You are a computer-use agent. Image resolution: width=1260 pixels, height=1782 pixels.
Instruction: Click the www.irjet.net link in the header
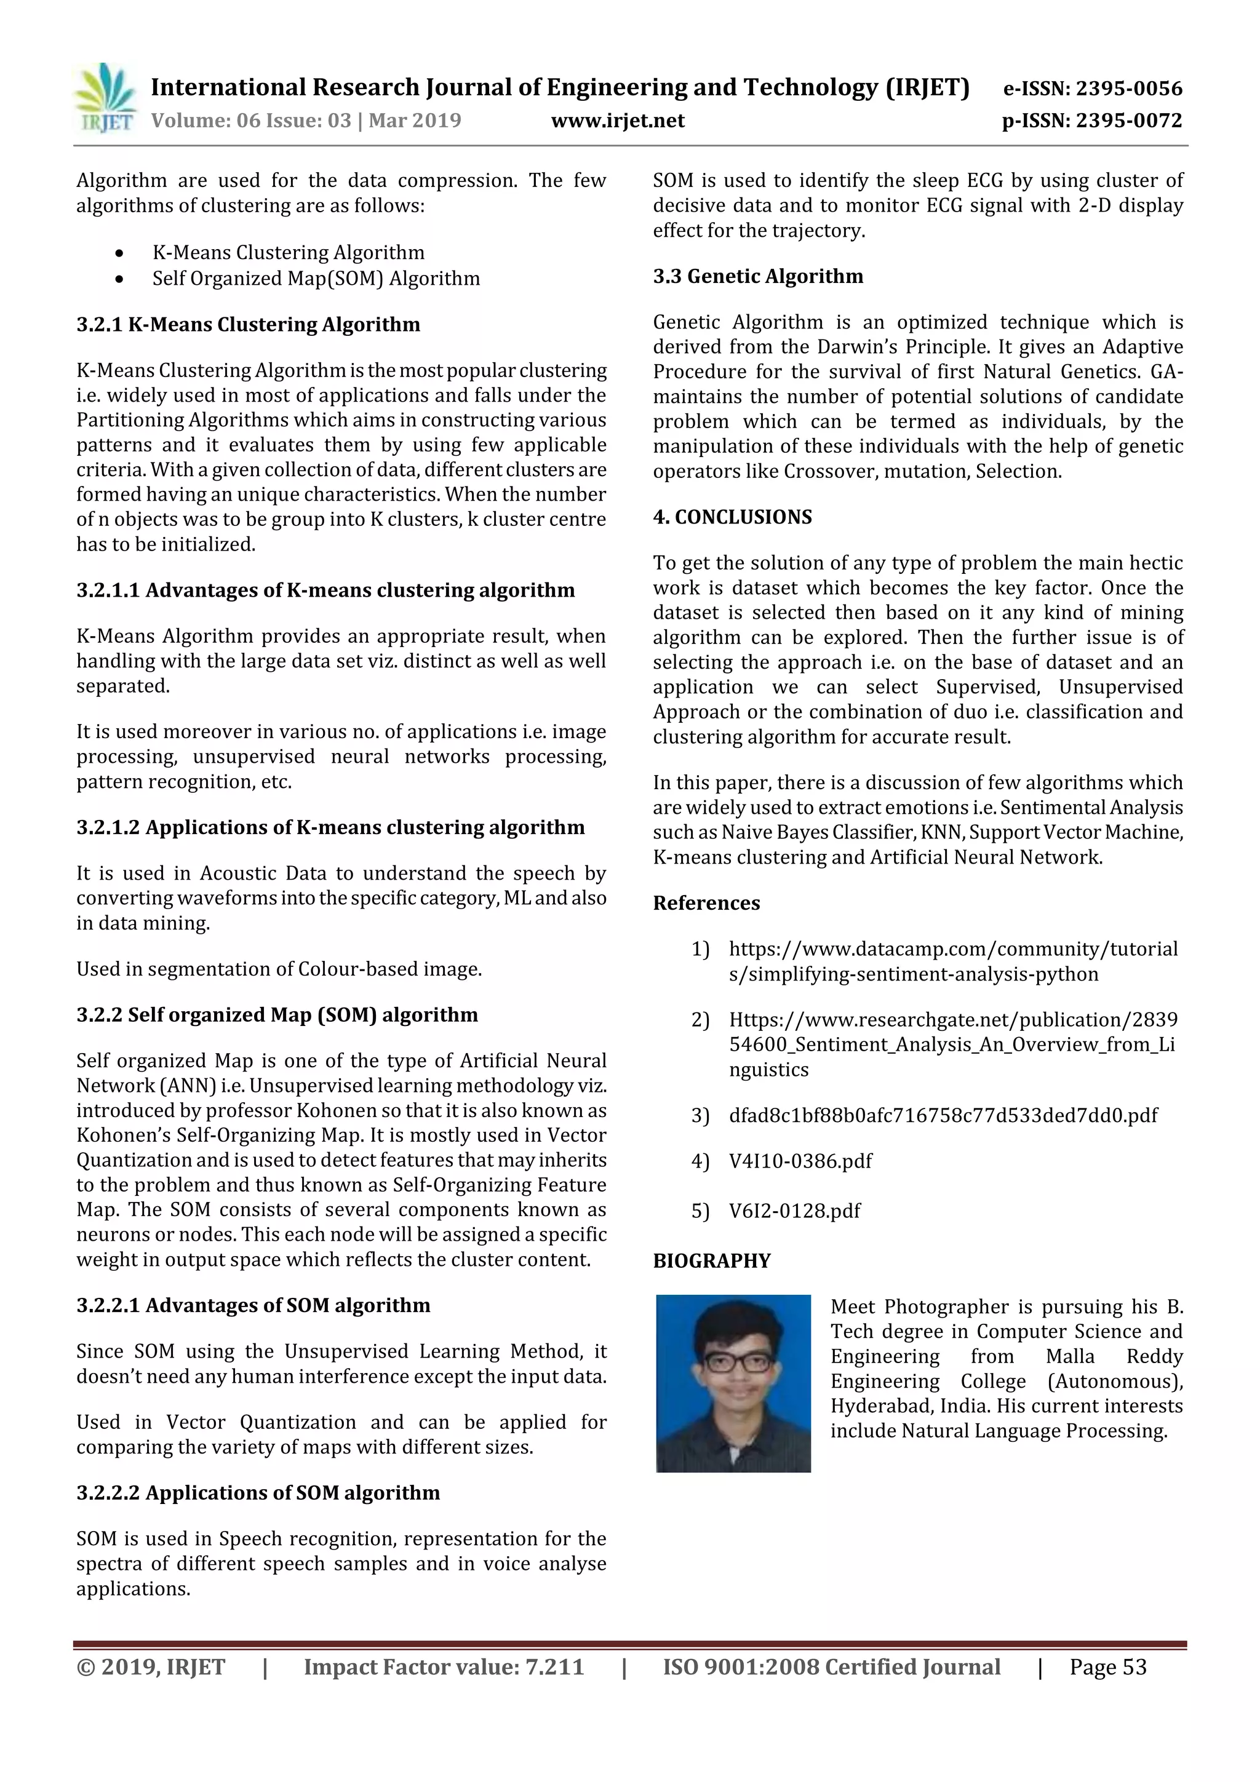pos(617,121)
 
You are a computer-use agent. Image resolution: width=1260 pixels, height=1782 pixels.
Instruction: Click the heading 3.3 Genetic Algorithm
pos(758,276)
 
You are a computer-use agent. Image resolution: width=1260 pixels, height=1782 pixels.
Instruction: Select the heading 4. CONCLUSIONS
pos(732,517)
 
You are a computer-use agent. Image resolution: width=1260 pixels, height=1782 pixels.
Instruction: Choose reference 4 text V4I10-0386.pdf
pos(800,1161)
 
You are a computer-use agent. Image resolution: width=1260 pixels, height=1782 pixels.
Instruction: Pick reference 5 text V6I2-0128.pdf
pos(794,1211)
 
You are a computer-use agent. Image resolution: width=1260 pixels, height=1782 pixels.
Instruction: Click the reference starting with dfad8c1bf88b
pos(943,1115)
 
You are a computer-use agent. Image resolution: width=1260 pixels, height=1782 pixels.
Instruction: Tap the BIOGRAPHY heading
pos(711,1260)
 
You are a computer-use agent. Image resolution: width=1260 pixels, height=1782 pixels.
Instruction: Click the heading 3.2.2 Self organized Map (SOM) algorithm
pos(277,1014)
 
